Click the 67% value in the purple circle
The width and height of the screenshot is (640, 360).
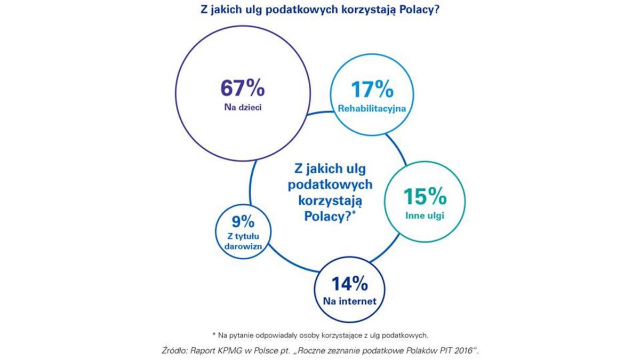(243, 87)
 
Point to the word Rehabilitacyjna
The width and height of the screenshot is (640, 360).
(372, 109)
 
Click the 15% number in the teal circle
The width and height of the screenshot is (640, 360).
(425, 197)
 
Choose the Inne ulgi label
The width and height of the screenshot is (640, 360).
(425, 216)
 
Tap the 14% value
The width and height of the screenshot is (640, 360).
(349, 283)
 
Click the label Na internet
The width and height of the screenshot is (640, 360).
(349, 301)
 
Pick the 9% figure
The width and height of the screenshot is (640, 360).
(243, 220)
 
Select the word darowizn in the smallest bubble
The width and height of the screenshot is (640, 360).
(243, 247)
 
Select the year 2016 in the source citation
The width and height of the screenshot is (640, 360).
(462, 351)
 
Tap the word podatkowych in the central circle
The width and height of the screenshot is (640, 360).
(330, 185)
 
